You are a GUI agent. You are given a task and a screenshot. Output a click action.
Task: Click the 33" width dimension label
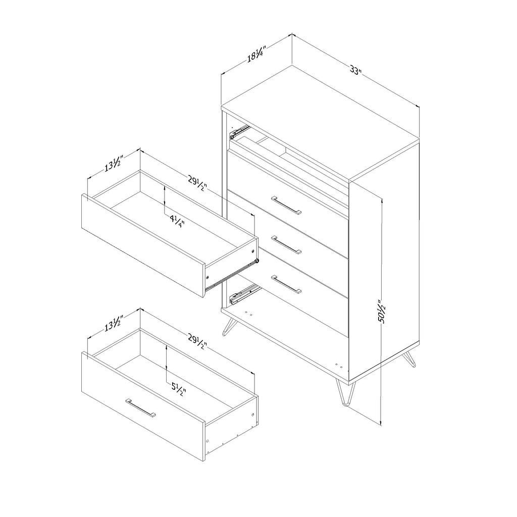point(356,70)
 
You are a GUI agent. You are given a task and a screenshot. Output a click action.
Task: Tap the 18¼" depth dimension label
point(256,54)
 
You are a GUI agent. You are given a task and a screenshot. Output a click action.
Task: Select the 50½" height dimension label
point(383,311)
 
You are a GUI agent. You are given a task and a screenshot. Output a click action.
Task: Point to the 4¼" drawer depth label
point(177,221)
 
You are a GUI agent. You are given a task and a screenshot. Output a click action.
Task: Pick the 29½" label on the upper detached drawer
point(197,183)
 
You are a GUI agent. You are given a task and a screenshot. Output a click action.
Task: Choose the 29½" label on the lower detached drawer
point(197,342)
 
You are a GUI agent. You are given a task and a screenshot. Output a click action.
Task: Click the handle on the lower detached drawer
point(141,408)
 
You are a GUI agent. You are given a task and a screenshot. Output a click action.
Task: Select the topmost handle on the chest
point(286,205)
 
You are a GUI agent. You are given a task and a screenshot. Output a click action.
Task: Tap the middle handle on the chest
point(286,245)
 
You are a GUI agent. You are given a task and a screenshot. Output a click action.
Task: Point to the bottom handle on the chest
point(286,284)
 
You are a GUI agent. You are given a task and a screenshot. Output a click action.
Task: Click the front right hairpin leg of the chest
point(345,392)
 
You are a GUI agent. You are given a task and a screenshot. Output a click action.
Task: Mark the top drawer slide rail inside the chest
point(240,132)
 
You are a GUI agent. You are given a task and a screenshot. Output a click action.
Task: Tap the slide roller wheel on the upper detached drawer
point(257,261)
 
